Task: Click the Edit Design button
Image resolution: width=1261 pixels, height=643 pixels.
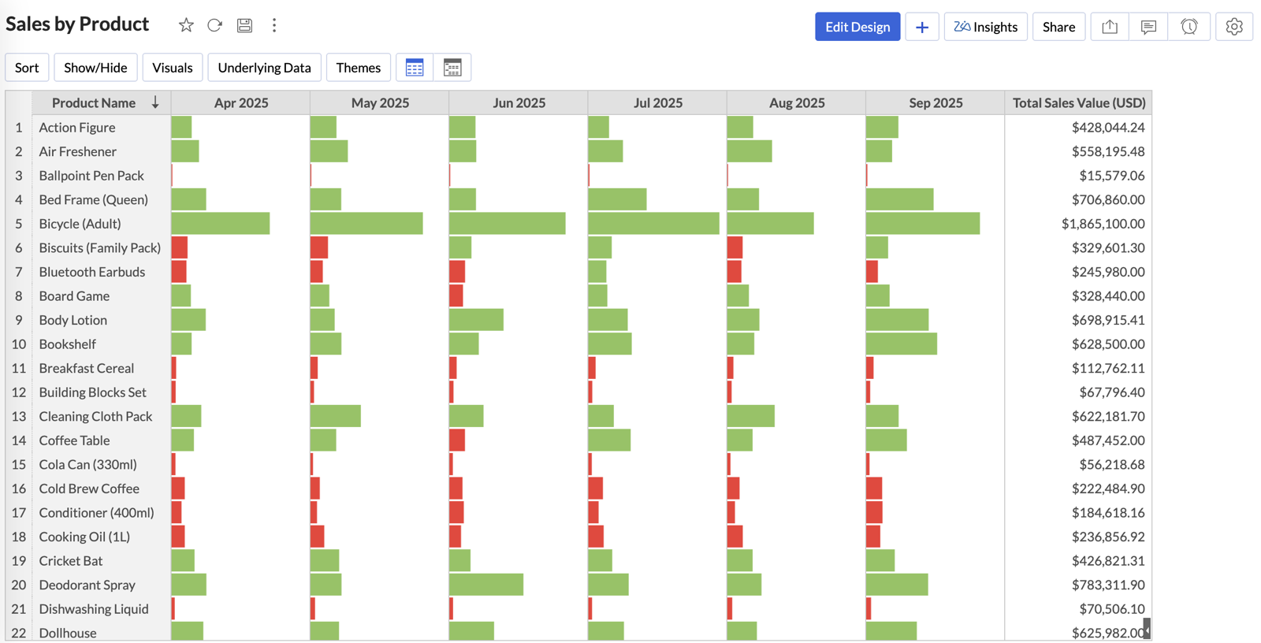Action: point(857,27)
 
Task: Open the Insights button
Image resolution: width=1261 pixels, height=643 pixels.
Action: point(985,27)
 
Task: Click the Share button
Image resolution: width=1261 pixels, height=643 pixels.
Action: point(1058,27)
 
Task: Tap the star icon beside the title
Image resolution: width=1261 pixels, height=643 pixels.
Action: point(186,25)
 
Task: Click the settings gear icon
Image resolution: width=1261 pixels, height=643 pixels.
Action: point(1233,27)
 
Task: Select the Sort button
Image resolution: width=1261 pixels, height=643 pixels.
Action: point(27,68)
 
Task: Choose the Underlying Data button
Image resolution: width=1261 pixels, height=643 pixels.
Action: point(264,68)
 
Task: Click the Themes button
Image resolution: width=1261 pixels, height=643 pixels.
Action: point(358,68)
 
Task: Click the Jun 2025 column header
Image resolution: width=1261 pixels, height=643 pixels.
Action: point(519,103)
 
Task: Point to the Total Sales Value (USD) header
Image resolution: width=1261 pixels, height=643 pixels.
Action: point(1078,103)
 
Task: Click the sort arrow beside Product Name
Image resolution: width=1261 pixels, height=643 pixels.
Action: point(155,102)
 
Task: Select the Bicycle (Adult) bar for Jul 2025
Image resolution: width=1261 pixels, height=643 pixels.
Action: point(653,224)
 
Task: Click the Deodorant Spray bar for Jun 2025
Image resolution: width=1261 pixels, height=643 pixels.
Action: point(485,585)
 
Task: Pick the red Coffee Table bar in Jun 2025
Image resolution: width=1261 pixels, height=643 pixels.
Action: point(457,440)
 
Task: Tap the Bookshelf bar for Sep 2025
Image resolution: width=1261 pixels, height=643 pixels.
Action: point(901,344)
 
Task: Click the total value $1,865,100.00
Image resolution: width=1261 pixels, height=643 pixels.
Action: point(1103,224)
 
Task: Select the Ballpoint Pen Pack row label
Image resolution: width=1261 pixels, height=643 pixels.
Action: point(91,176)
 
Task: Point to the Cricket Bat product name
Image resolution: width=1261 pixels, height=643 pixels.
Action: point(71,561)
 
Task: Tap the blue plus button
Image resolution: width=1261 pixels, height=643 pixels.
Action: point(921,27)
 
